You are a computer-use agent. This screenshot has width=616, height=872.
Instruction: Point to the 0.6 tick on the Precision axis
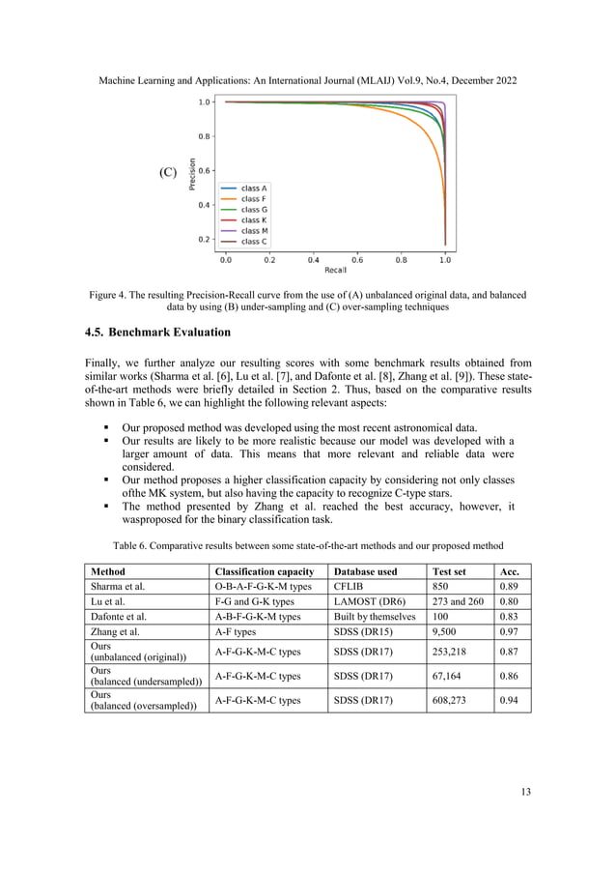point(205,170)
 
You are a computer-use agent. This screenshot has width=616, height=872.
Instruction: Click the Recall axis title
point(335,269)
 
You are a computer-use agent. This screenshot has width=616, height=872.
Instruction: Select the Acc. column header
point(508,571)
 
